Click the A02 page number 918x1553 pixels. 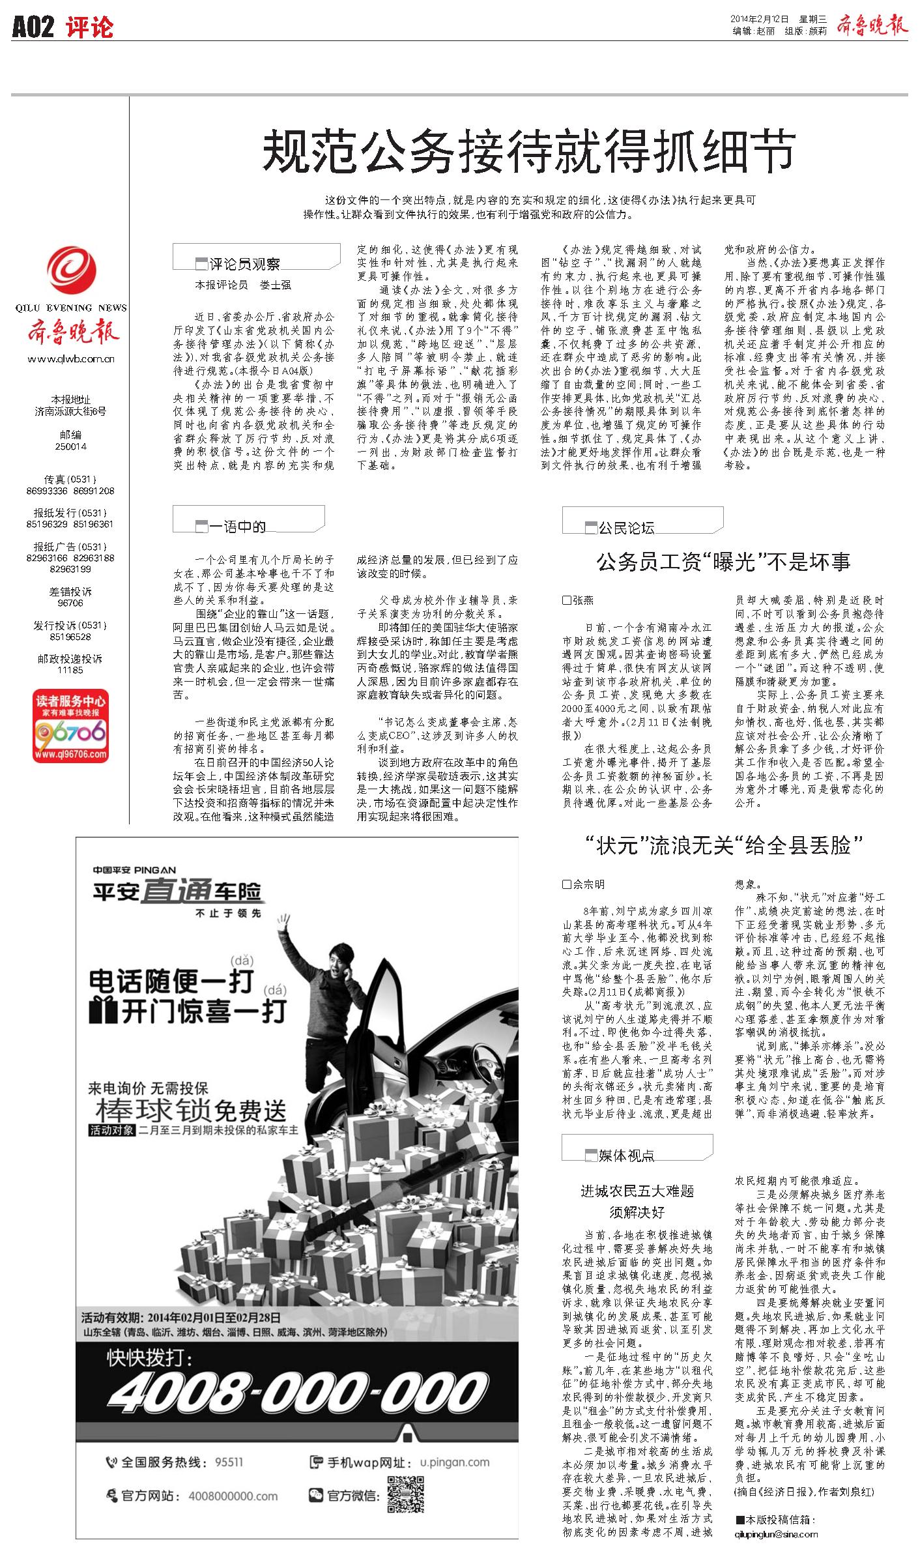coord(33,27)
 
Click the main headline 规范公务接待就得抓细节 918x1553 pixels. coord(528,151)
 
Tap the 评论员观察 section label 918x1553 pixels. coord(244,264)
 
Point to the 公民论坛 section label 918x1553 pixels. coord(626,528)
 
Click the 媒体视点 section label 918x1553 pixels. coord(626,1155)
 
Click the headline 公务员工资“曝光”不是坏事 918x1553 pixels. coord(723,562)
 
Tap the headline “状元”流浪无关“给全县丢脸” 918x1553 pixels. coord(723,846)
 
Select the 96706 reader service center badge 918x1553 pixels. coord(71,727)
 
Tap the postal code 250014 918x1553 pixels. coord(71,447)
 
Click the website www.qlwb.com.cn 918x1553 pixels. coord(71,359)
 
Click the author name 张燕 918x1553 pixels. coord(582,600)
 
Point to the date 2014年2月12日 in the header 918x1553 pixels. coord(760,19)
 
